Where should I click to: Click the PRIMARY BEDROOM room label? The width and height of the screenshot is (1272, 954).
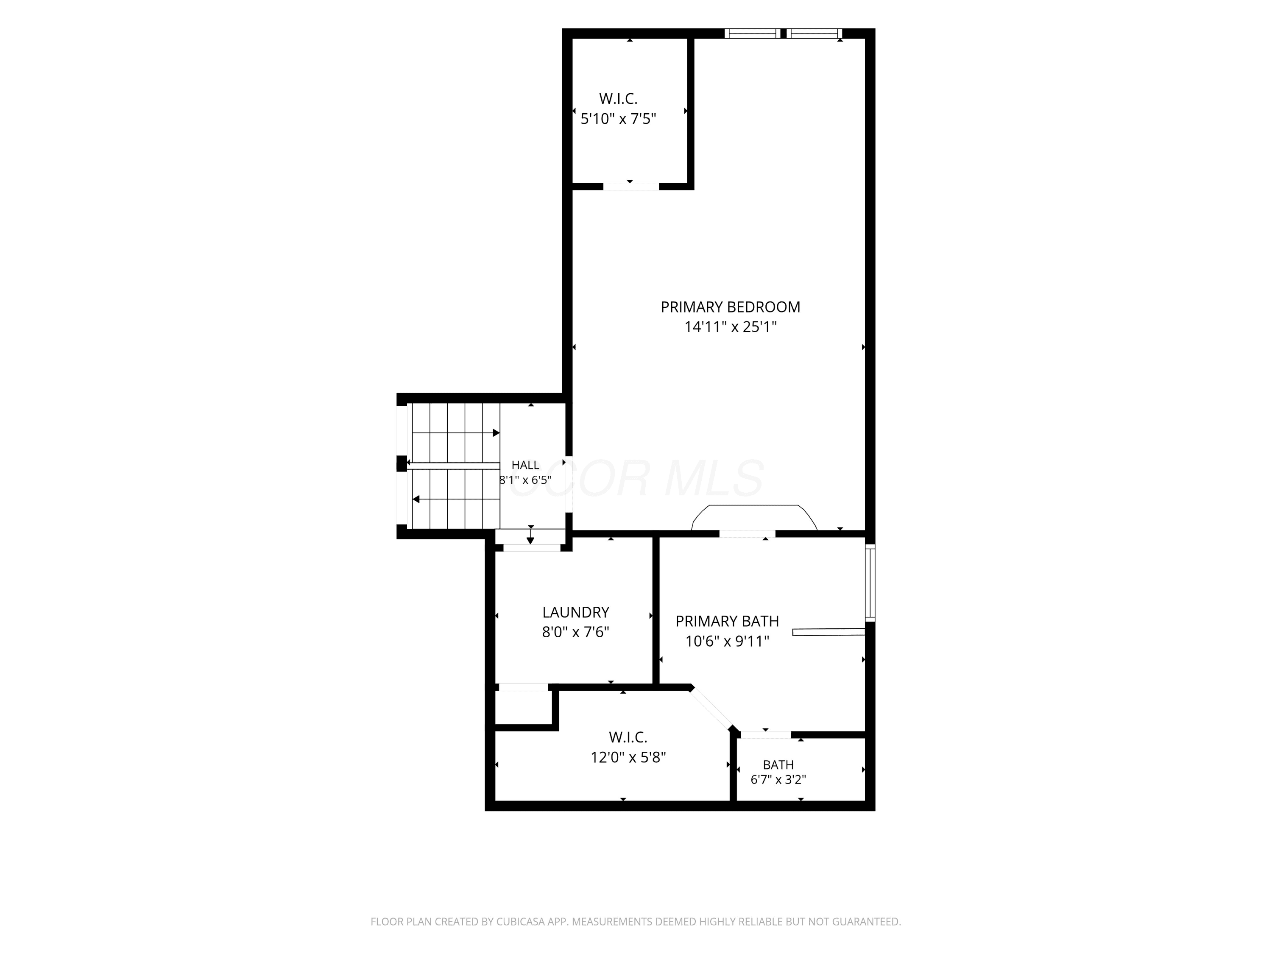tap(730, 307)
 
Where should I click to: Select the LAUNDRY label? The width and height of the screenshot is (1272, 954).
tap(576, 612)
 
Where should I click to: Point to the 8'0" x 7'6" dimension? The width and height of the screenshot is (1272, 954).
tap(576, 633)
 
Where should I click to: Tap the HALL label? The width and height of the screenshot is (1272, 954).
tap(526, 465)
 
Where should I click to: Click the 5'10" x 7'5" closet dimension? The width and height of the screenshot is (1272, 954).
tap(618, 119)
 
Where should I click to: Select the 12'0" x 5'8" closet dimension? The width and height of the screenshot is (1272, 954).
tap(628, 757)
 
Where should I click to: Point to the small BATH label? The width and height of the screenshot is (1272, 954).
tap(778, 765)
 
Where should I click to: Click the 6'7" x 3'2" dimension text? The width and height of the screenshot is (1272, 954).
tap(778, 780)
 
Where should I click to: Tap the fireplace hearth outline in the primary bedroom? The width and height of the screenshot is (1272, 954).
tap(754, 505)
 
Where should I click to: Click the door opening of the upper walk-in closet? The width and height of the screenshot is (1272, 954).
tap(631, 186)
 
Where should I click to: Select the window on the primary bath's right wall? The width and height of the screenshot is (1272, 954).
tap(870, 583)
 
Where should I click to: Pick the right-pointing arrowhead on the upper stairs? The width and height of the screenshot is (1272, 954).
tap(496, 432)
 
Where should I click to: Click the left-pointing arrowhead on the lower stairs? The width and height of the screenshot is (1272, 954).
tap(416, 499)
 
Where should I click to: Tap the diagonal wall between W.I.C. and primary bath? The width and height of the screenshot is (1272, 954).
tap(712, 709)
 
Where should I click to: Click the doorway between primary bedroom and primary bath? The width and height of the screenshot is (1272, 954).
tap(747, 534)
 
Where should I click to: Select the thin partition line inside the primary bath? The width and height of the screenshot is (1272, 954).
tap(828, 632)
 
